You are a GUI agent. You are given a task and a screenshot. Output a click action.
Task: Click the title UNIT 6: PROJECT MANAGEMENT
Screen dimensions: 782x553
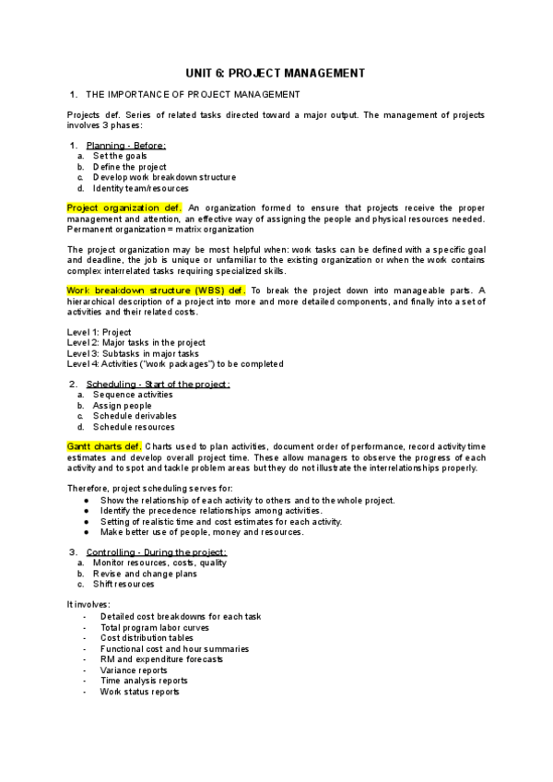pos(276,73)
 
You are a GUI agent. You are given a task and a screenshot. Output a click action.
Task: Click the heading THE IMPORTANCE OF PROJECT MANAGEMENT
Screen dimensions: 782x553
pos(192,95)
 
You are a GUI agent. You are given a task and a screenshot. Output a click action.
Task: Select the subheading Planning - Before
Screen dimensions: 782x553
pos(125,146)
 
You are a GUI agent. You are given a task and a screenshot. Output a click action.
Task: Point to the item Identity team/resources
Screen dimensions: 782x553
pos(140,188)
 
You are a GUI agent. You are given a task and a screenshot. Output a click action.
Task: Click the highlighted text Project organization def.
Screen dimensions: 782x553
pos(124,207)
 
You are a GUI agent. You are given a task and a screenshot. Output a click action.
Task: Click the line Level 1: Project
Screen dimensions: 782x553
pos(100,332)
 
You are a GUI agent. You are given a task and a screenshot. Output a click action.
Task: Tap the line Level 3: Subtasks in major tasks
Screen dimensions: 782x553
pos(133,353)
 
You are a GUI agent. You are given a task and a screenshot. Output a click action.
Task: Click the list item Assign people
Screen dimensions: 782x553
pos(123,405)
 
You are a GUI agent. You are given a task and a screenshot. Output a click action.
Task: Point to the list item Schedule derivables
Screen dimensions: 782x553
pos(133,416)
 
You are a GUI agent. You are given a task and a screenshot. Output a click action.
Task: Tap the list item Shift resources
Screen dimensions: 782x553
pos(124,584)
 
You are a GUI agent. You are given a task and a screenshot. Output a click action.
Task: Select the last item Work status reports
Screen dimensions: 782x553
pos(139,692)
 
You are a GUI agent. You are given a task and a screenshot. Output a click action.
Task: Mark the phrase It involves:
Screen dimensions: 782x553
pos(88,604)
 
